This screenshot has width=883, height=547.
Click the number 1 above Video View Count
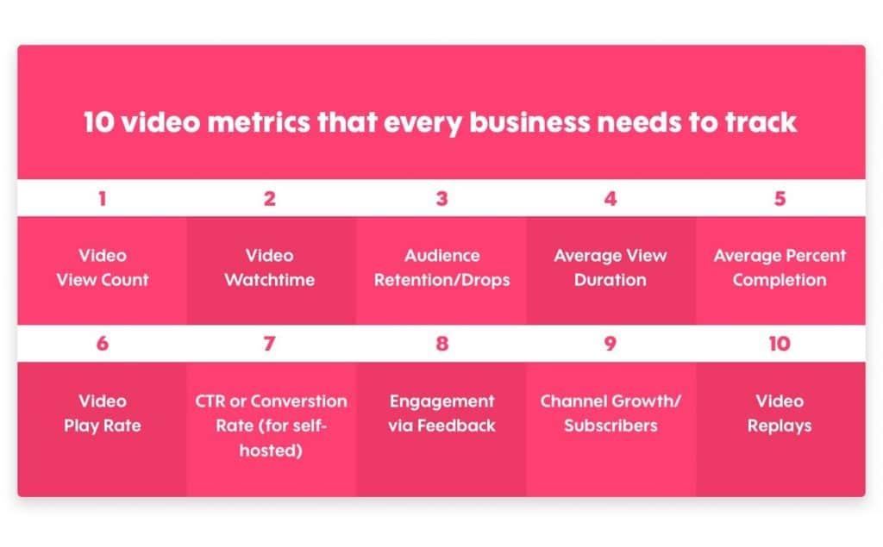[103, 199]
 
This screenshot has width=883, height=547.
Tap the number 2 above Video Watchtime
[270, 199]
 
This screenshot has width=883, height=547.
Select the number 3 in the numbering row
[441, 199]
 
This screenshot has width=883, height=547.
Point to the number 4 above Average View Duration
[611, 199]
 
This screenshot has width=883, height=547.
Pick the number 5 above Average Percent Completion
[780, 199]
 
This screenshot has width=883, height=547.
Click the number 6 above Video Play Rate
[103, 344]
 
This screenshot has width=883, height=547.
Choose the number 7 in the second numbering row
[270, 344]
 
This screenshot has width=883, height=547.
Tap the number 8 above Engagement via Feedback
[441, 344]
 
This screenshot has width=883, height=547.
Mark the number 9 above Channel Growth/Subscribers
[611, 344]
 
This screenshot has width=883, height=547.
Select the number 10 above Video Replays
[780, 344]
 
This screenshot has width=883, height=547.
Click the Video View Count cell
[103, 268]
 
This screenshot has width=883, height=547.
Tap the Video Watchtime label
[270, 268]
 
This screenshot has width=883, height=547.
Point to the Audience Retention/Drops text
[441, 268]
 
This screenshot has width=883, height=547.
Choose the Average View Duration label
[611, 268]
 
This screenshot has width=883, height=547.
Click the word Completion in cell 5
[780, 280]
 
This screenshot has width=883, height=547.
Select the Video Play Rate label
[103, 413]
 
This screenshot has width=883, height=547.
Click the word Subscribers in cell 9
[611, 426]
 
